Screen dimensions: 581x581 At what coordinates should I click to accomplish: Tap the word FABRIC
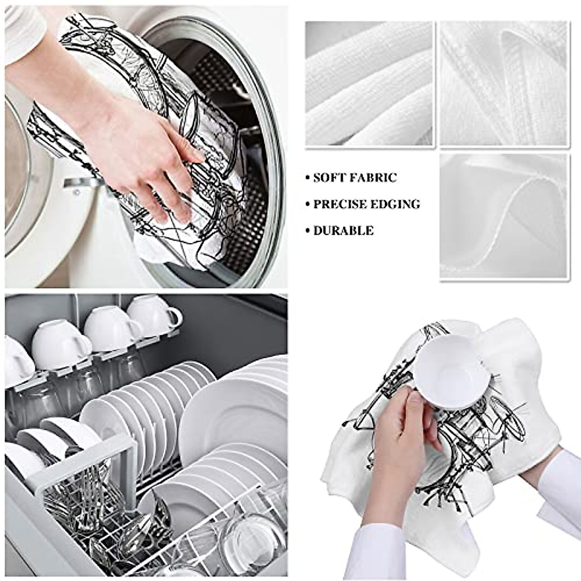tap(374, 178)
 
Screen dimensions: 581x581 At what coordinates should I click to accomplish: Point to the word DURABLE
tap(343, 230)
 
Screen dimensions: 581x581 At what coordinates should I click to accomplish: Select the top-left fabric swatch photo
tap(369, 83)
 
